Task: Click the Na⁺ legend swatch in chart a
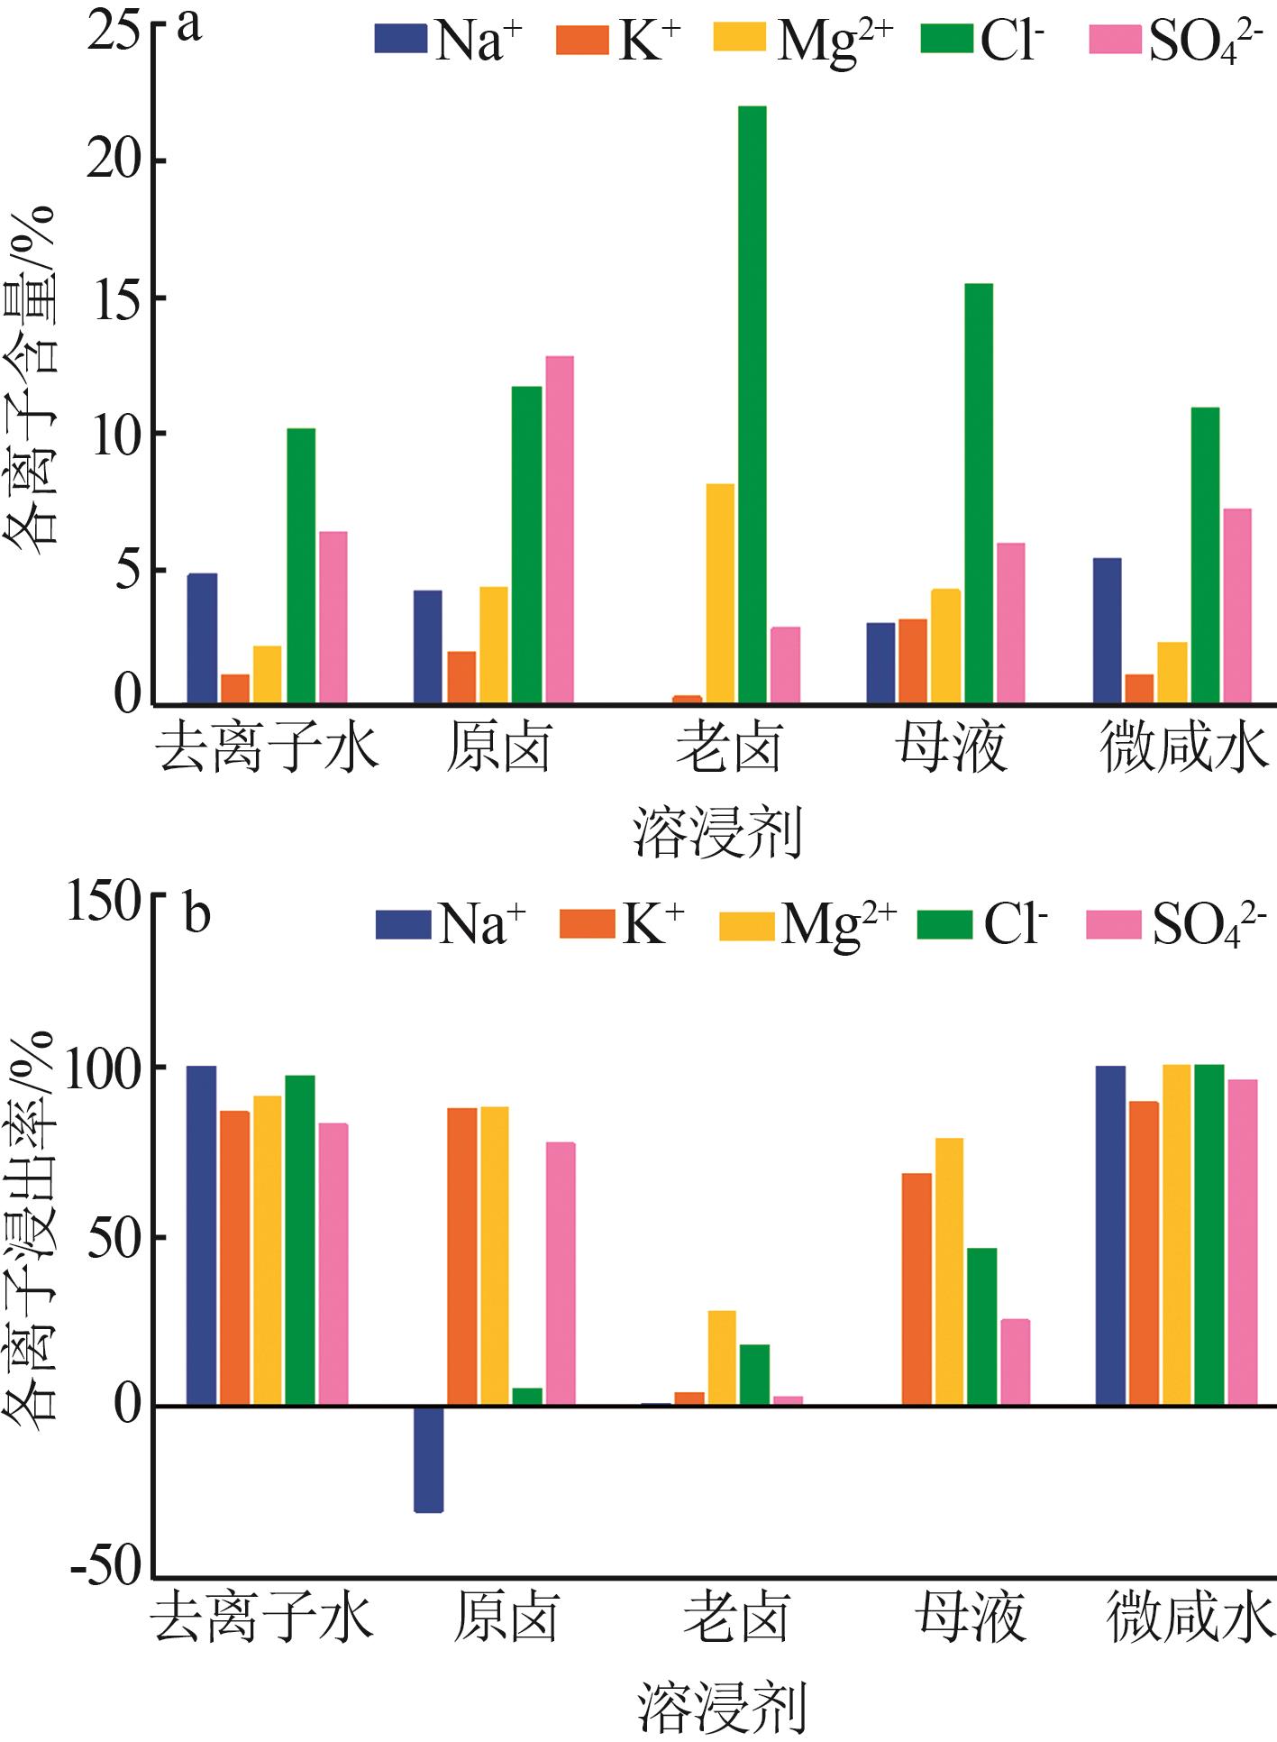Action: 401,40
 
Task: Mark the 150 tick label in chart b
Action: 105,903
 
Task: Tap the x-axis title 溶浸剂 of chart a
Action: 717,831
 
